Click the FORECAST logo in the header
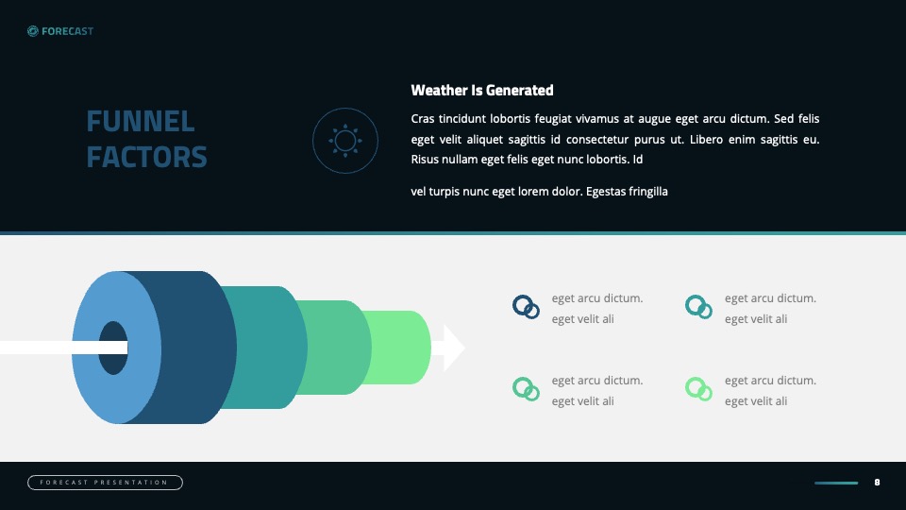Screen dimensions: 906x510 pyautogui.click(x=60, y=31)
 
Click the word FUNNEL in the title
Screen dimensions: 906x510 pyautogui.click(x=141, y=122)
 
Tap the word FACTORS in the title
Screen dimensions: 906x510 pyautogui.click(x=147, y=158)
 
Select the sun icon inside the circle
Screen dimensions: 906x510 pyautogui.click(x=345, y=141)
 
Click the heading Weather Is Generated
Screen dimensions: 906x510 pyautogui.click(x=482, y=91)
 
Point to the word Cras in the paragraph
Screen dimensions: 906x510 pyautogui.click(x=423, y=119)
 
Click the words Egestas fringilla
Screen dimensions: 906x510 pyautogui.click(x=627, y=192)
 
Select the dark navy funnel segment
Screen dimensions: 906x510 pyautogui.click(x=196, y=347)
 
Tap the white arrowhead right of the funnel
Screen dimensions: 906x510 pyautogui.click(x=453, y=348)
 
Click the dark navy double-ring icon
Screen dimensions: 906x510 pyautogui.click(x=526, y=307)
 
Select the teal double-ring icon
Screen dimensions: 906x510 pyautogui.click(x=698, y=307)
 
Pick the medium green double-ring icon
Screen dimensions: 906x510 pyautogui.click(x=526, y=389)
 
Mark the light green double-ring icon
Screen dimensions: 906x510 pyautogui.click(x=698, y=389)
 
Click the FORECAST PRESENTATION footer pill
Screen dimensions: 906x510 pyautogui.click(x=105, y=483)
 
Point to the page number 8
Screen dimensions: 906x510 pyautogui.click(x=877, y=483)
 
